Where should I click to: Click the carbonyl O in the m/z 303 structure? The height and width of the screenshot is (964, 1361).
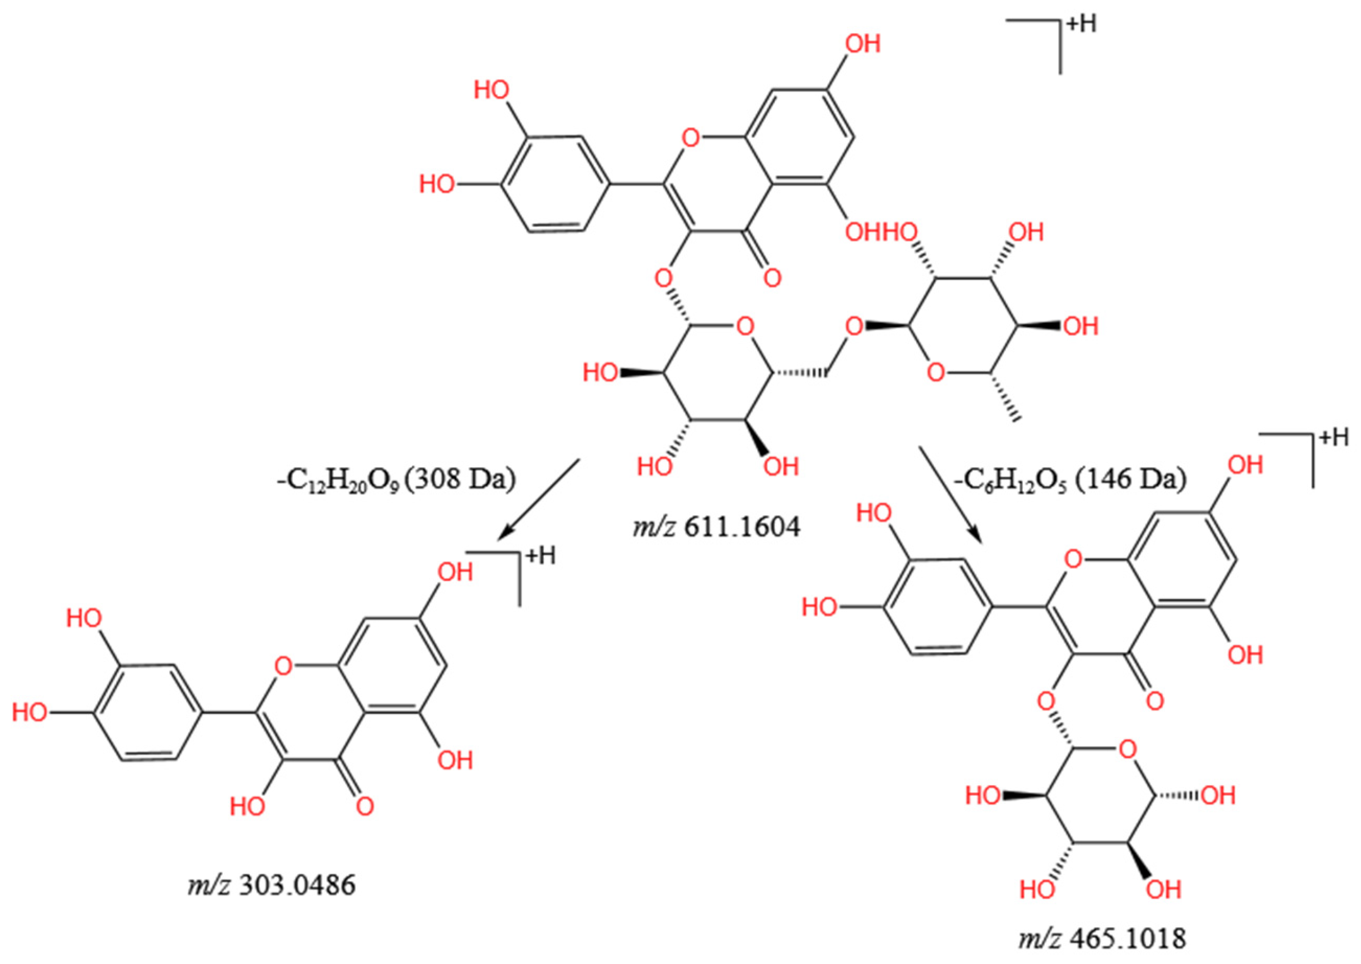coord(364,806)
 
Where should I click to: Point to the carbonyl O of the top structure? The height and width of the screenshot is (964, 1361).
coord(772,277)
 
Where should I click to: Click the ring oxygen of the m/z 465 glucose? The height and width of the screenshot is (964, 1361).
coord(1127,750)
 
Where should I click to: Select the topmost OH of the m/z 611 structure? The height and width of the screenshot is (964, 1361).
coord(862,44)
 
